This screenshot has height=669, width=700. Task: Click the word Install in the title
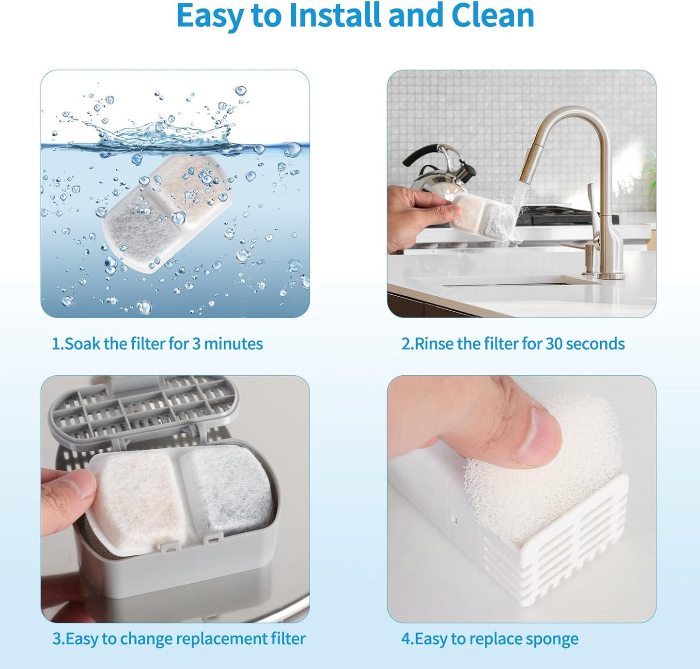336,16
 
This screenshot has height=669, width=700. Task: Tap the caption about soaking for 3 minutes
157,344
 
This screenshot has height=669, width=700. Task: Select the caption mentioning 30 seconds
513,344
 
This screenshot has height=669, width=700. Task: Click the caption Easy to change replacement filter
179,638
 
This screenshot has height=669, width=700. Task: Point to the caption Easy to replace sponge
489,638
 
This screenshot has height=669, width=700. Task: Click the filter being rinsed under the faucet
482,217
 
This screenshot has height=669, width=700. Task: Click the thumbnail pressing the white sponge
538,434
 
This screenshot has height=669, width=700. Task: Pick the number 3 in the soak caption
196,344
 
